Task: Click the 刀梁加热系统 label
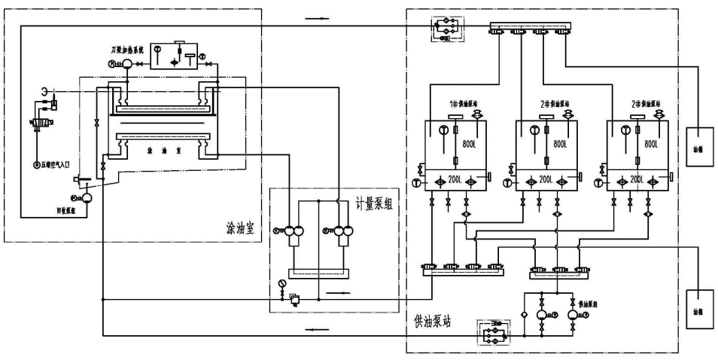(x=125, y=50)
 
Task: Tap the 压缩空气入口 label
(x=59, y=164)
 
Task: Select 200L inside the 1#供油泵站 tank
(x=454, y=182)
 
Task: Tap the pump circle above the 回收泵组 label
(x=86, y=198)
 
